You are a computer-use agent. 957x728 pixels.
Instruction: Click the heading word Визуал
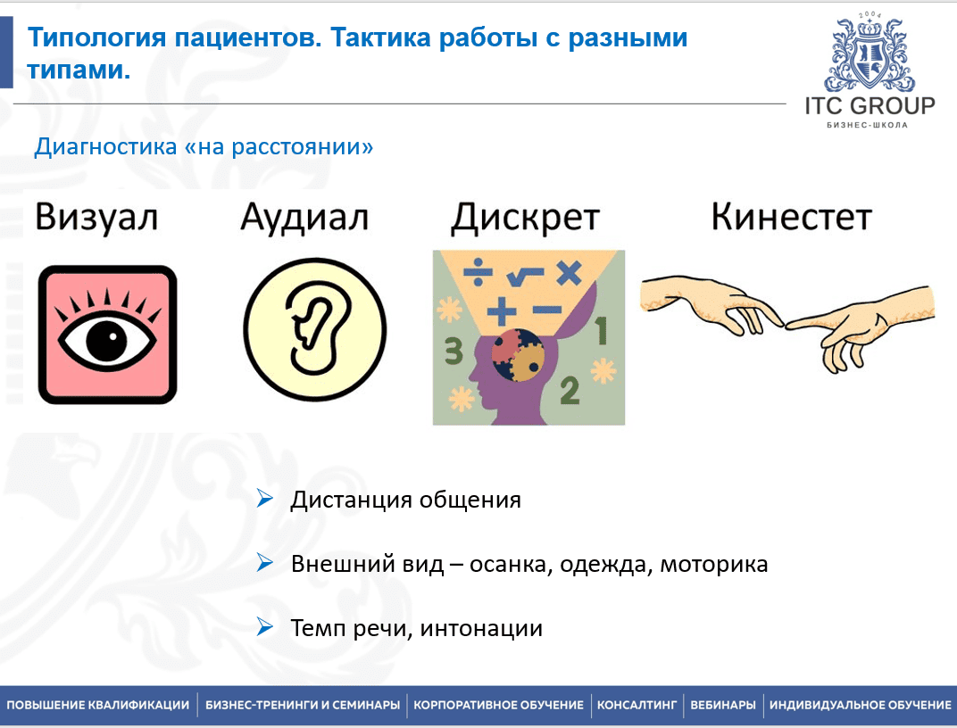[x=96, y=218]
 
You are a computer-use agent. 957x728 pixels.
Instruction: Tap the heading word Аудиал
[x=304, y=218]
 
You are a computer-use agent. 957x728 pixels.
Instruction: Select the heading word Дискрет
[x=526, y=218]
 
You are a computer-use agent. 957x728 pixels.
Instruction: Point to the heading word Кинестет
[x=792, y=217]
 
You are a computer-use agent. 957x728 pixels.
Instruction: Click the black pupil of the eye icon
[x=106, y=339]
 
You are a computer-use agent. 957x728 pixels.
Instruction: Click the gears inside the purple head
[x=518, y=355]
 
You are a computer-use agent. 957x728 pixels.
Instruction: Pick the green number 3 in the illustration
[x=454, y=352]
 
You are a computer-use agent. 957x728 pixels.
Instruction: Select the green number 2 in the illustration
[x=570, y=391]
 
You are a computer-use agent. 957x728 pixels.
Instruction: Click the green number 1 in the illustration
[x=601, y=330]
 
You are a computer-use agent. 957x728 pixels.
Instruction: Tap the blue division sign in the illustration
[x=478, y=272]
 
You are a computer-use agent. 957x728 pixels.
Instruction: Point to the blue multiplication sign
[x=569, y=273]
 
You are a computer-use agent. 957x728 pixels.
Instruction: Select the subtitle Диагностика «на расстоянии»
[x=204, y=147]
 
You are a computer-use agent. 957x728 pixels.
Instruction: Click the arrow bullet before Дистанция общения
[x=265, y=498]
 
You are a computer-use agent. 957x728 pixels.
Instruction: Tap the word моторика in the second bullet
[x=714, y=564]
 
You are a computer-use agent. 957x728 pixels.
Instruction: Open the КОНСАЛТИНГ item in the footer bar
[x=637, y=706]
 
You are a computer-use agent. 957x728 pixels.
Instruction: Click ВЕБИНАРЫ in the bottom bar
[x=723, y=706]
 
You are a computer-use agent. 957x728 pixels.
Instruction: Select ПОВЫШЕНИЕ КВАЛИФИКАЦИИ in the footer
[x=98, y=706]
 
